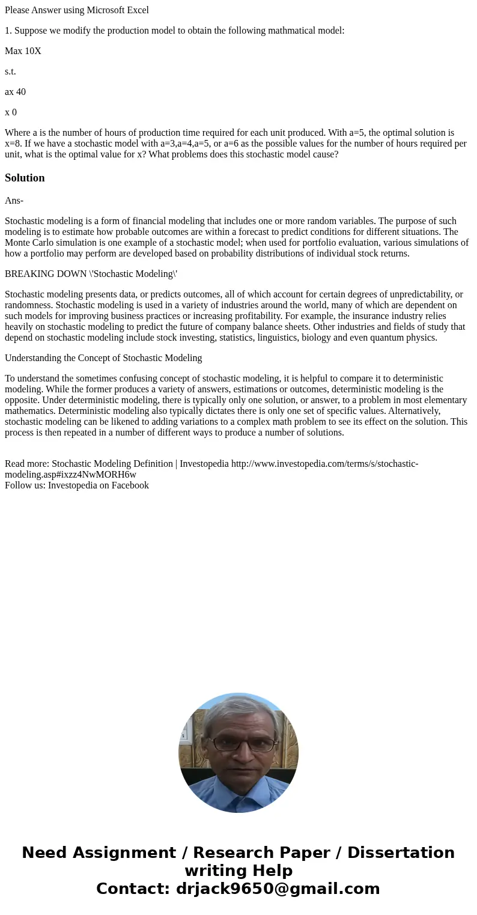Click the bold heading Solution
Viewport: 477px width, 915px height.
[x=25, y=178]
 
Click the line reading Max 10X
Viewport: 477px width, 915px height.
[x=23, y=51]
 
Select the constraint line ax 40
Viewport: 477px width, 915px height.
[x=15, y=92]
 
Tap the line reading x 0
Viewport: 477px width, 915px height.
[x=11, y=112]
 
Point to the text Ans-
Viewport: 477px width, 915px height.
[x=14, y=201]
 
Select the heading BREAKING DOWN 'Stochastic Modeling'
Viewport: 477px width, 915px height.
[x=91, y=274]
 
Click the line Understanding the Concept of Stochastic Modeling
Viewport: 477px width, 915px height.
[x=103, y=358]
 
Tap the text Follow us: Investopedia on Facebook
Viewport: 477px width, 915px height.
[x=77, y=485]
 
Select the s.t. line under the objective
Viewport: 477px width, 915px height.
[x=10, y=71]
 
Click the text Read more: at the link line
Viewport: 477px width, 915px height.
[x=27, y=464]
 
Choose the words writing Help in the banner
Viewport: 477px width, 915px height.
[x=239, y=871]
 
